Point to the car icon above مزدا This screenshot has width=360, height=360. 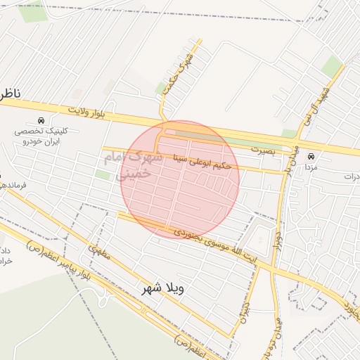coord(310,156)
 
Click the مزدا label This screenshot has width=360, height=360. coord(310,168)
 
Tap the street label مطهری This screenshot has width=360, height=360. coord(99,252)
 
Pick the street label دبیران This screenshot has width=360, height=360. coord(243,314)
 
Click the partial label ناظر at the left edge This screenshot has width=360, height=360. coord(10,94)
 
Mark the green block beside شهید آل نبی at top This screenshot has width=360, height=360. coord(332,65)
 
